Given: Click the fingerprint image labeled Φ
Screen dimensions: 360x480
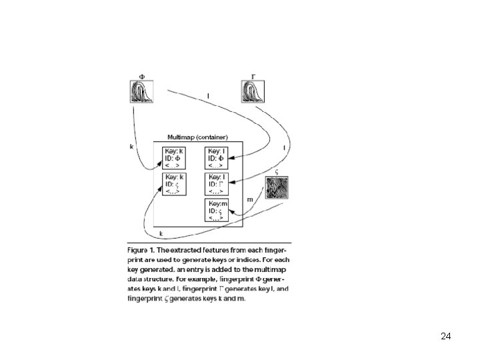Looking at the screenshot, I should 141,91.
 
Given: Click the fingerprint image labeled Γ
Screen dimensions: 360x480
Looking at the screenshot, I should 253,91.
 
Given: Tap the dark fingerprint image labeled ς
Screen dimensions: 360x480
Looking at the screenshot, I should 277,187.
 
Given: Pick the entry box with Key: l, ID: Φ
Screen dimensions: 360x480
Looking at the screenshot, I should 217,157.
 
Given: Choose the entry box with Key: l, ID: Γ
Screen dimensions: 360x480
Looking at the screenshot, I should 217,183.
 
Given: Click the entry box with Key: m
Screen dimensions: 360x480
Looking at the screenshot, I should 217,210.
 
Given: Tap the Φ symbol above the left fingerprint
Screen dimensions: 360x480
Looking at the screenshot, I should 141,75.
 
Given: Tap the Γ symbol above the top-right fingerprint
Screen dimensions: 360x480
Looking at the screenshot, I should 253,75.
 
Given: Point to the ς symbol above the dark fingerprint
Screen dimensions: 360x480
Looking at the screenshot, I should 277,171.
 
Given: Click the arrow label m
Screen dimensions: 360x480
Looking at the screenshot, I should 250,199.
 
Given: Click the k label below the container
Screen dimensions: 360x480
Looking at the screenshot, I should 161,233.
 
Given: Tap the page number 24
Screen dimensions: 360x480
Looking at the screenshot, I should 446,336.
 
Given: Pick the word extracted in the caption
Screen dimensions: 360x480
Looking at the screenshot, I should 193,250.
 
